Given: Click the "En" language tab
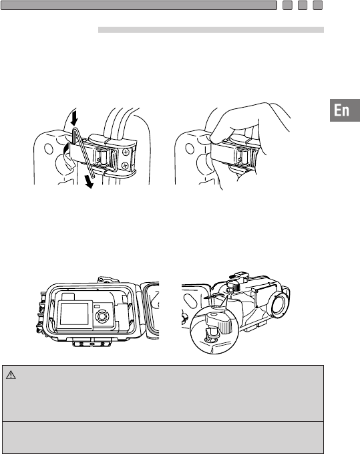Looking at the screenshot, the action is (345, 110).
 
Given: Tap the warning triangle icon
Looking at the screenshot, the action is (11, 375).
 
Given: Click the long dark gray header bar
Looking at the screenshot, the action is (139, 5).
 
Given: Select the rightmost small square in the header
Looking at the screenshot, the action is (317, 5).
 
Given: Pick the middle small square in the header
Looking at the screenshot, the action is (303, 5).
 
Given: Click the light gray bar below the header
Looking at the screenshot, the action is (211, 30).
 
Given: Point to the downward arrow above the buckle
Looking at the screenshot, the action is (75, 116).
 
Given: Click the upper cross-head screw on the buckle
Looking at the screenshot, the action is (126, 151).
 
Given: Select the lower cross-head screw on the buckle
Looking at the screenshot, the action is (125, 166).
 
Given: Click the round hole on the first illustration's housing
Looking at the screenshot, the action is (48, 148).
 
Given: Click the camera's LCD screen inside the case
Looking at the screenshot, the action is (75, 314).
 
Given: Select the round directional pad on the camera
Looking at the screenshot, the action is (102, 316).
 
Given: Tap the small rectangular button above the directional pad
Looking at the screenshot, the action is (97, 306).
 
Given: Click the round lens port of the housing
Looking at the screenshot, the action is (279, 304).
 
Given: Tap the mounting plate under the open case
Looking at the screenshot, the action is (92, 344).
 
